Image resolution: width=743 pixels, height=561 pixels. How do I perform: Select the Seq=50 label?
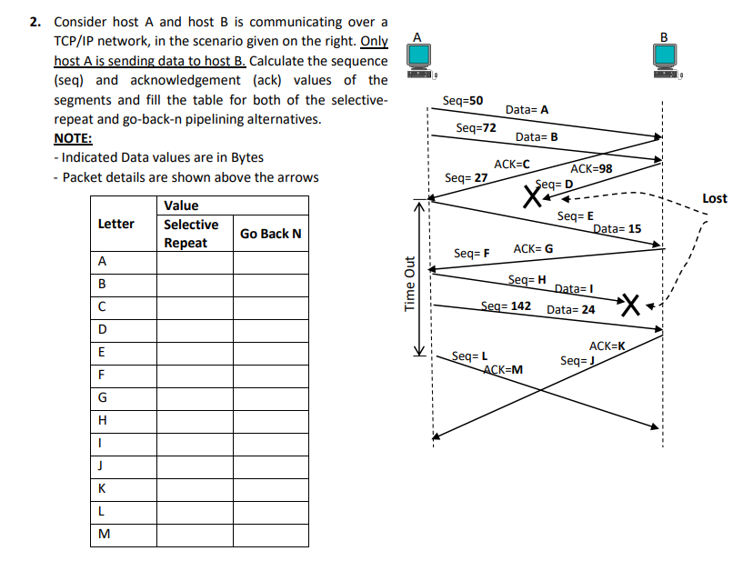tap(462, 101)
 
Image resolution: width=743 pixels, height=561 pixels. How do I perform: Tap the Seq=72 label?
tap(476, 128)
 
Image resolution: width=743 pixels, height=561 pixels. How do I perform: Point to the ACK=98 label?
tap(591, 169)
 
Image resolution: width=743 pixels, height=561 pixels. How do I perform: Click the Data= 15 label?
tap(617, 229)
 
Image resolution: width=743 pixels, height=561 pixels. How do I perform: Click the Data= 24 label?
tap(571, 309)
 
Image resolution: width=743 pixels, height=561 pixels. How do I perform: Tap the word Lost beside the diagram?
tap(715, 198)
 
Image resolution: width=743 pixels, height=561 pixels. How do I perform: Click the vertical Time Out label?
tap(409, 284)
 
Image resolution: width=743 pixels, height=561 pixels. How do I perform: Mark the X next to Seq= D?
tap(527, 195)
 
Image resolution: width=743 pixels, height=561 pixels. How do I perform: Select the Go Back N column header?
tap(270, 234)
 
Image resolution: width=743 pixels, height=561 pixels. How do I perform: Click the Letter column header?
tap(115, 224)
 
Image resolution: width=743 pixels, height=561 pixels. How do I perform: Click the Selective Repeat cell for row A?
tap(195, 262)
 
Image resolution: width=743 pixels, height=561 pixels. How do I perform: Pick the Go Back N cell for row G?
tap(270, 397)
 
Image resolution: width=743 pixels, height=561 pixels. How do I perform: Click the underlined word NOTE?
tap(73, 138)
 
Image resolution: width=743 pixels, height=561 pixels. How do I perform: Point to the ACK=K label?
tap(607, 346)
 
